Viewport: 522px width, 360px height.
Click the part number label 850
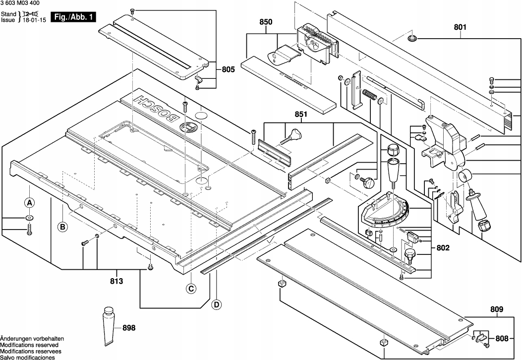(266, 22)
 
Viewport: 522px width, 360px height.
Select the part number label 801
(461, 28)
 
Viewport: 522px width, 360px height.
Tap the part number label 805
(228, 70)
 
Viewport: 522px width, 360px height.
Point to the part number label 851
(300, 115)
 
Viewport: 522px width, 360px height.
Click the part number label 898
(128, 327)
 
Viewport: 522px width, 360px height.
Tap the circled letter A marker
(29, 202)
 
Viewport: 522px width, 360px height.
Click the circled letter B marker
(62, 227)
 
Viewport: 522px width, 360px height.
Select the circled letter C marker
(191, 290)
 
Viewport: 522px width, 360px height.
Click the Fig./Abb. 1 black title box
(74, 17)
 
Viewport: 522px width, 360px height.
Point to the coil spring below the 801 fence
(370, 95)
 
